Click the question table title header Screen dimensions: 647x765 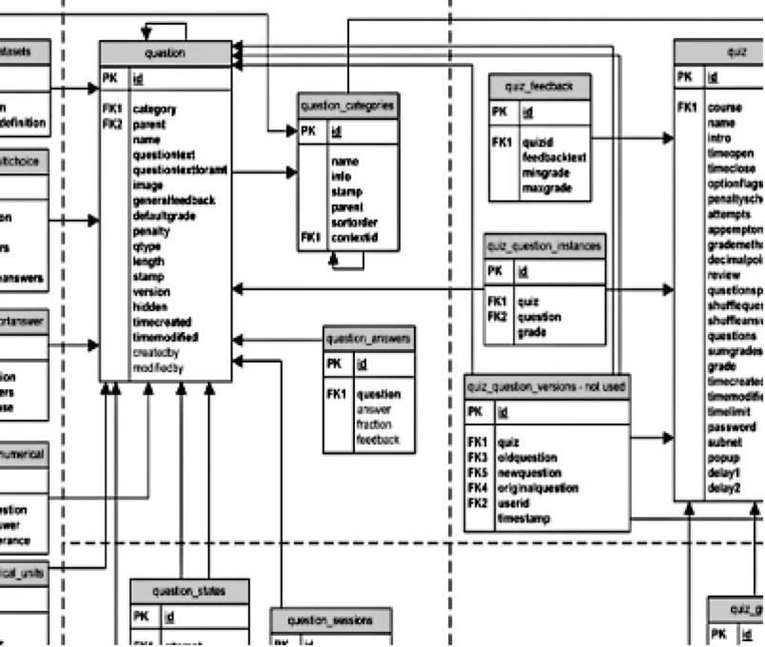tap(166, 54)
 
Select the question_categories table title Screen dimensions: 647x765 tap(347, 106)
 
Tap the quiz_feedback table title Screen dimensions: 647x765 tap(539, 87)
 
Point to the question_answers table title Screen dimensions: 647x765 tap(368, 338)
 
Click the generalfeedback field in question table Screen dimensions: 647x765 tap(174, 200)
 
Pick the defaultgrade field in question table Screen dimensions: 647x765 tap(167, 215)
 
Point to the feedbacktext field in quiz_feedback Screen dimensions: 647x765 tap(554, 157)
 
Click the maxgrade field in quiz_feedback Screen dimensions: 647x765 tap(545, 187)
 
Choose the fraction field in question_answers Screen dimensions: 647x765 tap(374, 424)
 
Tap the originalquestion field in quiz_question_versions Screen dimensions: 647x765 tap(539, 488)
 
